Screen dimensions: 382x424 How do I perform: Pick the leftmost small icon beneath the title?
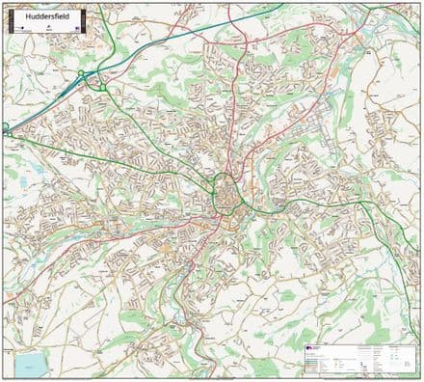pyautogui.click(x=17, y=30)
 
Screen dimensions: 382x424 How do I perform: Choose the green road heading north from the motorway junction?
pyautogui.click(x=99, y=48)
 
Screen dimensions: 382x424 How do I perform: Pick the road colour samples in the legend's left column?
pyautogui.click(x=318, y=362)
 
